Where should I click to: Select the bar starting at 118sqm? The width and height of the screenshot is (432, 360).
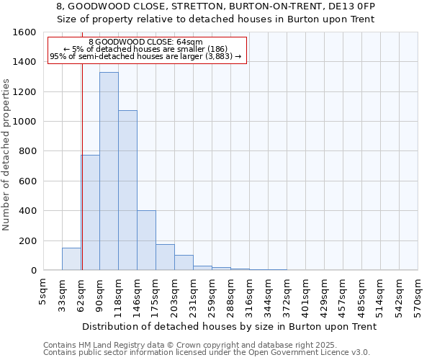(127, 190)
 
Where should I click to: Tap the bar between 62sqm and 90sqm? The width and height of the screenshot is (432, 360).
(90, 212)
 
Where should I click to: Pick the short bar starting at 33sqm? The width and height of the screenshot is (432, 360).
(71, 259)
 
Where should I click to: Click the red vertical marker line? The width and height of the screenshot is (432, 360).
(82, 180)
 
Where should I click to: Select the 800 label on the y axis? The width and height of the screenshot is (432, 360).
(27, 151)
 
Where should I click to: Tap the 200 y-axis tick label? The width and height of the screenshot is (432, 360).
(27, 240)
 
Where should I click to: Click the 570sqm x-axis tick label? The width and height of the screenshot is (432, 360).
(418, 294)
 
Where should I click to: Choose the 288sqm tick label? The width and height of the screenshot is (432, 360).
(230, 294)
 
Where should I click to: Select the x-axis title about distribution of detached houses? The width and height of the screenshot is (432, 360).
(230, 326)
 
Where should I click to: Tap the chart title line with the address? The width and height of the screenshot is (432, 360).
(215, 6)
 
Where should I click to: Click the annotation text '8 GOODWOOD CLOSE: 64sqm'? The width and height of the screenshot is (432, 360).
(145, 42)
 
